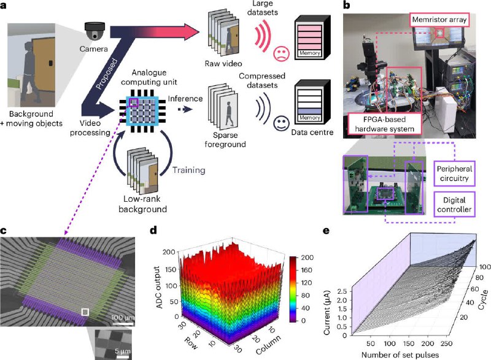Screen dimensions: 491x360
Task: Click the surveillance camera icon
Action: click(x=95, y=31)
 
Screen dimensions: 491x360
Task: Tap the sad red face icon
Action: click(x=282, y=53)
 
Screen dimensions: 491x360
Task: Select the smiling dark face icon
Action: click(x=282, y=123)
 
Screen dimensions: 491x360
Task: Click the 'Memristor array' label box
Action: click(x=439, y=20)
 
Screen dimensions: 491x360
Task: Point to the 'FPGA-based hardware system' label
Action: click(x=385, y=124)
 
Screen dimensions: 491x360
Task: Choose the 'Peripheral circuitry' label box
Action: click(x=454, y=174)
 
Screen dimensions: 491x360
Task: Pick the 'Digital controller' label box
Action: click(x=454, y=205)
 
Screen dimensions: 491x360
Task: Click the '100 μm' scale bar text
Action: click(x=123, y=318)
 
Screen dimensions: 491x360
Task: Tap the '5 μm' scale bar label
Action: click(x=122, y=351)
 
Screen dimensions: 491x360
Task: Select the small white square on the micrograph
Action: click(x=85, y=312)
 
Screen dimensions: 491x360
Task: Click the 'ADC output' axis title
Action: click(x=160, y=287)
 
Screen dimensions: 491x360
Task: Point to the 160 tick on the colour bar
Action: click(x=306, y=270)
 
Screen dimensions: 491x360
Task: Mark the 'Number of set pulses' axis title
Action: click(x=400, y=355)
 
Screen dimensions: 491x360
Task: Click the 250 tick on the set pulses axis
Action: click(x=447, y=343)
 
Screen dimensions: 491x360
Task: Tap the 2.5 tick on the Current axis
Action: click(x=342, y=291)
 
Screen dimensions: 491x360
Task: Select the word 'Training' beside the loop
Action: click(x=189, y=170)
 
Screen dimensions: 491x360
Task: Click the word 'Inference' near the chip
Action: click(x=185, y=99)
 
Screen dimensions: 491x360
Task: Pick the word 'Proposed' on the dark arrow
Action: click(x=106, y=74)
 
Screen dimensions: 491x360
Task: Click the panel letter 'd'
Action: click(x=153, y=231)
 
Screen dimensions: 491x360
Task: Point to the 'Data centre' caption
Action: click(x=312, y=132)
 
